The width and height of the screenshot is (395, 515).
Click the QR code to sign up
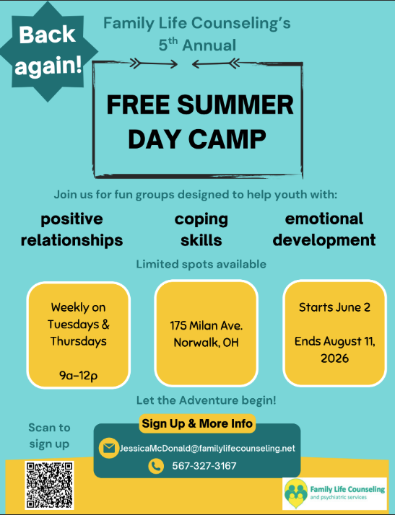[49, 485]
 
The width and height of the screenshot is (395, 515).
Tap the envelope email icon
[109, 448]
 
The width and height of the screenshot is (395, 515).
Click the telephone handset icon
[156, 466]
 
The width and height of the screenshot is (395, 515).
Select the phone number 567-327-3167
[204, 466]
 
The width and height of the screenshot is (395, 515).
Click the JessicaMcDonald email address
[207, 449]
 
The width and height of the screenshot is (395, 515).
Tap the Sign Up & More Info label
[197, 423]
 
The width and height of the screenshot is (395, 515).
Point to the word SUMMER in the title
[235, 105]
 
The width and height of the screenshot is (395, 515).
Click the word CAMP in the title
[227, 139]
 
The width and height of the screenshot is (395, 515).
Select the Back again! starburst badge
[48, 51]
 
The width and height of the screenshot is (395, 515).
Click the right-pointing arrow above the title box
[154, 63]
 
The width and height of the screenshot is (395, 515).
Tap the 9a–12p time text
[79, 375]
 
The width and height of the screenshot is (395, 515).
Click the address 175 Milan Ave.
[207, 325]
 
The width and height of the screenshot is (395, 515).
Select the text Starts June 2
[334, 307]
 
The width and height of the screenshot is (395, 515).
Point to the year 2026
[334, 358]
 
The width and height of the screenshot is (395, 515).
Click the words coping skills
[201, 229]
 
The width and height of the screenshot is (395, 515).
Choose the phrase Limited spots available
[201, 264]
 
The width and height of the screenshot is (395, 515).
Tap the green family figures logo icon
[296, 493]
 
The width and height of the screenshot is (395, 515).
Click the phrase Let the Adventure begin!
[207, 400]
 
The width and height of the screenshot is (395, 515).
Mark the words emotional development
[324, 229]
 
